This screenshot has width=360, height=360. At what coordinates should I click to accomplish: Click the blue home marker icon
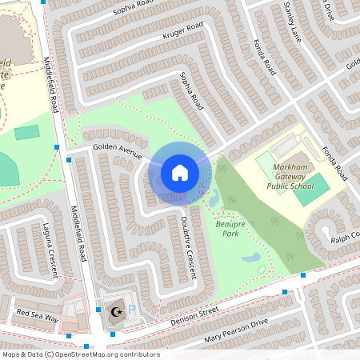click(179, 172)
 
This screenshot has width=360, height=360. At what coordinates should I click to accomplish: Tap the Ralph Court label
click(346, 237)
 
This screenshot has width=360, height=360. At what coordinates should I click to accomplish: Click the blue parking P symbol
click(133, 308)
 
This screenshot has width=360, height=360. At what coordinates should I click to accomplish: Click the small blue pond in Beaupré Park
click(250, 258)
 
